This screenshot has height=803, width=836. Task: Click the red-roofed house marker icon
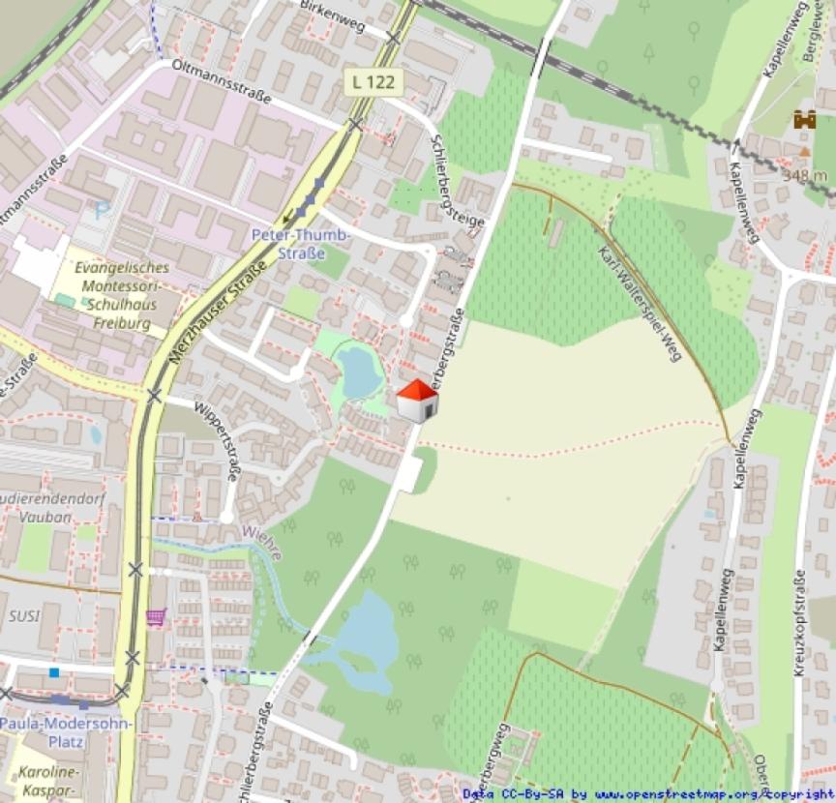(x=417, y=401)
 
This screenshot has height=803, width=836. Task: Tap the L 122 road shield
(x=373, y=82)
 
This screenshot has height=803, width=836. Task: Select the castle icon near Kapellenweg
(x=803, y=120)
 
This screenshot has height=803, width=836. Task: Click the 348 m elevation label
(x=805, y=174)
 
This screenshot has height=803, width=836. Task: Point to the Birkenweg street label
(x=332, y=17)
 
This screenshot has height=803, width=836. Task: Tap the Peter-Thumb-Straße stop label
(x=302, y=243)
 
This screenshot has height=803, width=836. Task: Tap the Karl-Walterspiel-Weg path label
(x=642, y=302)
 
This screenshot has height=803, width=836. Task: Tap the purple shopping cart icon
(x=155, y=615)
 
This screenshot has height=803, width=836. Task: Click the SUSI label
(x=22, y=615)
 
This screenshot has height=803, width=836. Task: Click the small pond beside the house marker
(x=359, y=372)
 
